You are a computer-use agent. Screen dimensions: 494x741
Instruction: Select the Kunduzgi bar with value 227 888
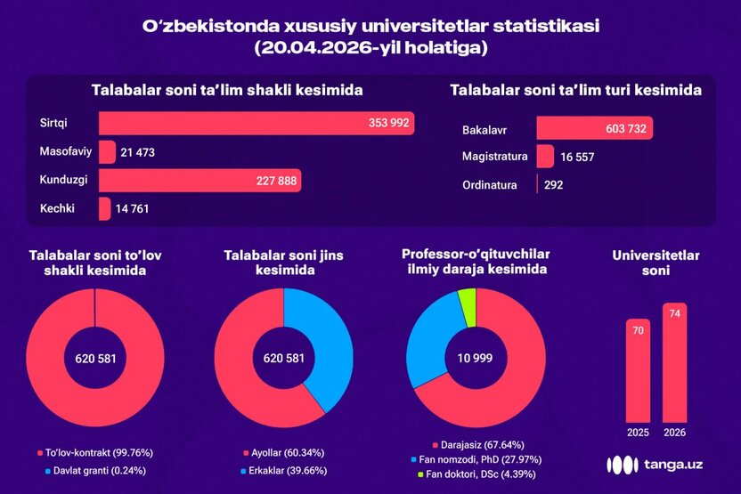199,181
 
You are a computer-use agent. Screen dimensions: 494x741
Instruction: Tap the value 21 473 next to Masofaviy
137,152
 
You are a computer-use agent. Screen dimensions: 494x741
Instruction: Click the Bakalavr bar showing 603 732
594,128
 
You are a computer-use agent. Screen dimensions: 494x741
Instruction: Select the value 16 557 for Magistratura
577,157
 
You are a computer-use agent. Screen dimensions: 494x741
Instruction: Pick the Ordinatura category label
490,185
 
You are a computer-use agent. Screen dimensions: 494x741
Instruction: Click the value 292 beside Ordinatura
555,185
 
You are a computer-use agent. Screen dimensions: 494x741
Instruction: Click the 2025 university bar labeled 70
638,369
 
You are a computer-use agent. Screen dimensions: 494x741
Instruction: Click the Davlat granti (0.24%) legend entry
95,469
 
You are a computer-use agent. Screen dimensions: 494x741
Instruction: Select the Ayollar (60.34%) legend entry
283,452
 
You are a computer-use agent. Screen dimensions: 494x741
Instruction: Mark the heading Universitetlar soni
655,263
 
